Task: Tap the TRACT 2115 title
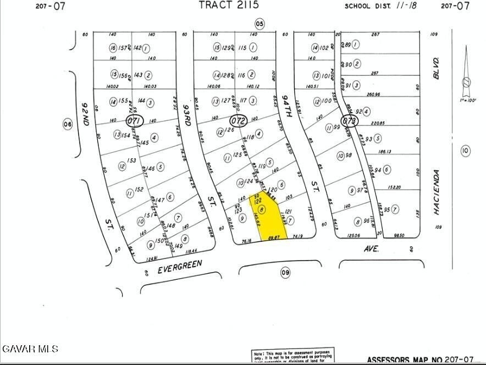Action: (228, 5)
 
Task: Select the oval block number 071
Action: (134, 120)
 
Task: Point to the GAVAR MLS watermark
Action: (30, 349)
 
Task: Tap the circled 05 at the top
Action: (259, 23)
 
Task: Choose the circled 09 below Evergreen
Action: (285, 273)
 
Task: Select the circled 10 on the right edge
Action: (465, 150)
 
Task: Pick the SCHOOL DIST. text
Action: (366, 7)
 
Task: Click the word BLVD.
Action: (437, 68)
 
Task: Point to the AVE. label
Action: (371, 248)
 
